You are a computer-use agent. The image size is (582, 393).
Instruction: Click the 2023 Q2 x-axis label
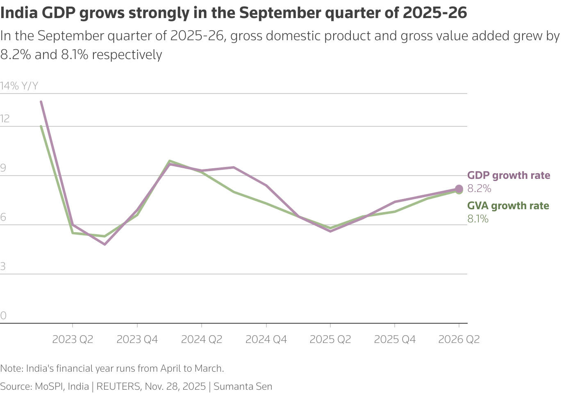[73, 340]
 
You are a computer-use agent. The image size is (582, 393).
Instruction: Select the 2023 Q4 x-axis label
[137, 340]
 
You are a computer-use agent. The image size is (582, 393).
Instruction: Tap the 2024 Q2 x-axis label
[201, 340]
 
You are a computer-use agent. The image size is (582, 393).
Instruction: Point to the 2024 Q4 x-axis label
[266, 340]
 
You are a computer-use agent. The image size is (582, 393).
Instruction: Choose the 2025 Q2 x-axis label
[330, 340]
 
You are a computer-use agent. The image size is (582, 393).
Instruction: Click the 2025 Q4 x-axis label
[395, 340]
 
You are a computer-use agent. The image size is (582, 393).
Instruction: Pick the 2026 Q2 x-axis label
[459, 340]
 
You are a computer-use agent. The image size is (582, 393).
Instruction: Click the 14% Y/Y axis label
[19, 86]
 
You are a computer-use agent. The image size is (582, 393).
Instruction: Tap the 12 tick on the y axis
[5, 119]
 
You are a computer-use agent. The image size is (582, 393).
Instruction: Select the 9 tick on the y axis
[3, 168]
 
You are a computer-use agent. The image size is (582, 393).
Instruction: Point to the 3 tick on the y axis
[3, 267]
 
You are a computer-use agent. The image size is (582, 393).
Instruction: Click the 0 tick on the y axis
[3, 316]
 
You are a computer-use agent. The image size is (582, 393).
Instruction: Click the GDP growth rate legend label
[509, 176]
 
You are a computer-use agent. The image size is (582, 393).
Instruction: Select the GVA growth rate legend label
[508, 206]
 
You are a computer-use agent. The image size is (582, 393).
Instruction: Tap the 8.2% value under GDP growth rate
[479, 189]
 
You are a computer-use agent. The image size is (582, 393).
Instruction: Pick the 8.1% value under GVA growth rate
[478, 219]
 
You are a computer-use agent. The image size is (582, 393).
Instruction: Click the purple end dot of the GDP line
[459, 189]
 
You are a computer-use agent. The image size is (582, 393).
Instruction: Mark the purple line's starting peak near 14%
[41, 102]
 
